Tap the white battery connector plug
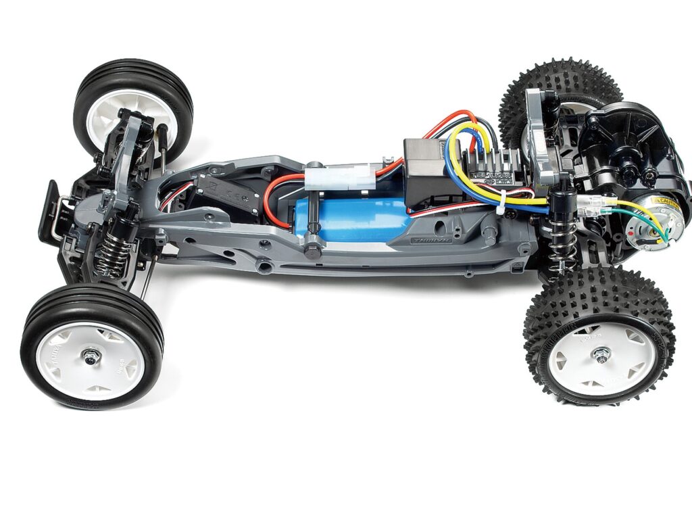(x=339, y=177)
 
